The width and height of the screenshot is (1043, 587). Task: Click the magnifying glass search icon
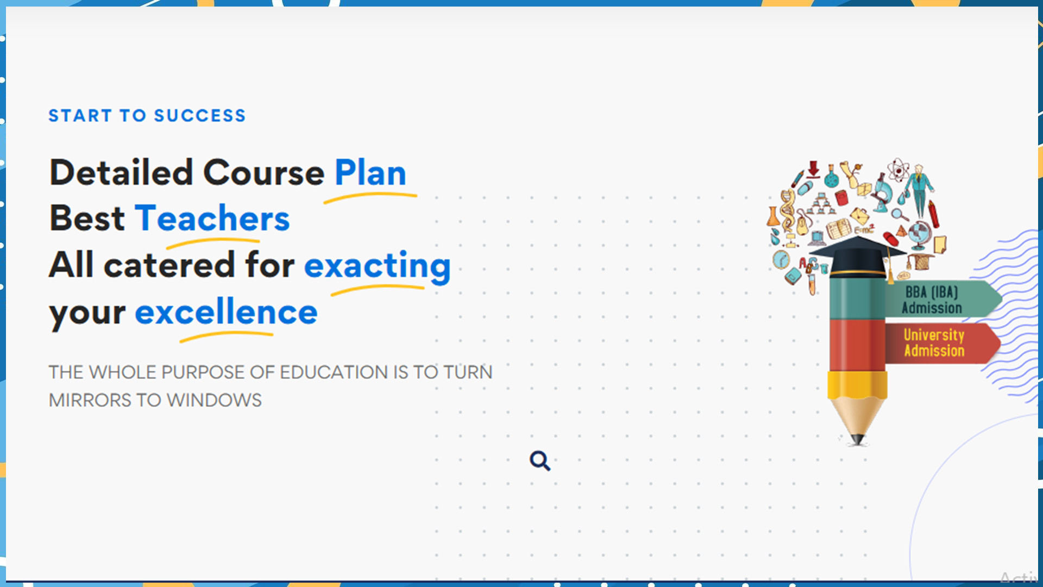(x=540, y=461)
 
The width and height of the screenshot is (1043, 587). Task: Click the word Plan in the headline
(x=370, y=173)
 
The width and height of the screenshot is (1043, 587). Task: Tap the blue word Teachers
(x=212, y=218)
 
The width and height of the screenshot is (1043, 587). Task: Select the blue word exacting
(x=378, y=266)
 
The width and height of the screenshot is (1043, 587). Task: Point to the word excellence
(x=226, y=312)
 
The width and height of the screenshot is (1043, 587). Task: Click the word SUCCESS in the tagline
(x=200, y=116)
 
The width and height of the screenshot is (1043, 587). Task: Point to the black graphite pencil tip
(x=857, y=439)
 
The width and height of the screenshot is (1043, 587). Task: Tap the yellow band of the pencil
(x=857, y=385)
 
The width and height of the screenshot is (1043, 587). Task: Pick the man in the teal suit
(x=920, y=190)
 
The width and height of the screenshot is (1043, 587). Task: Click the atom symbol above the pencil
(x=898, y=170)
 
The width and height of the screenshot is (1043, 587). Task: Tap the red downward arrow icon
(x=813, y=169)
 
